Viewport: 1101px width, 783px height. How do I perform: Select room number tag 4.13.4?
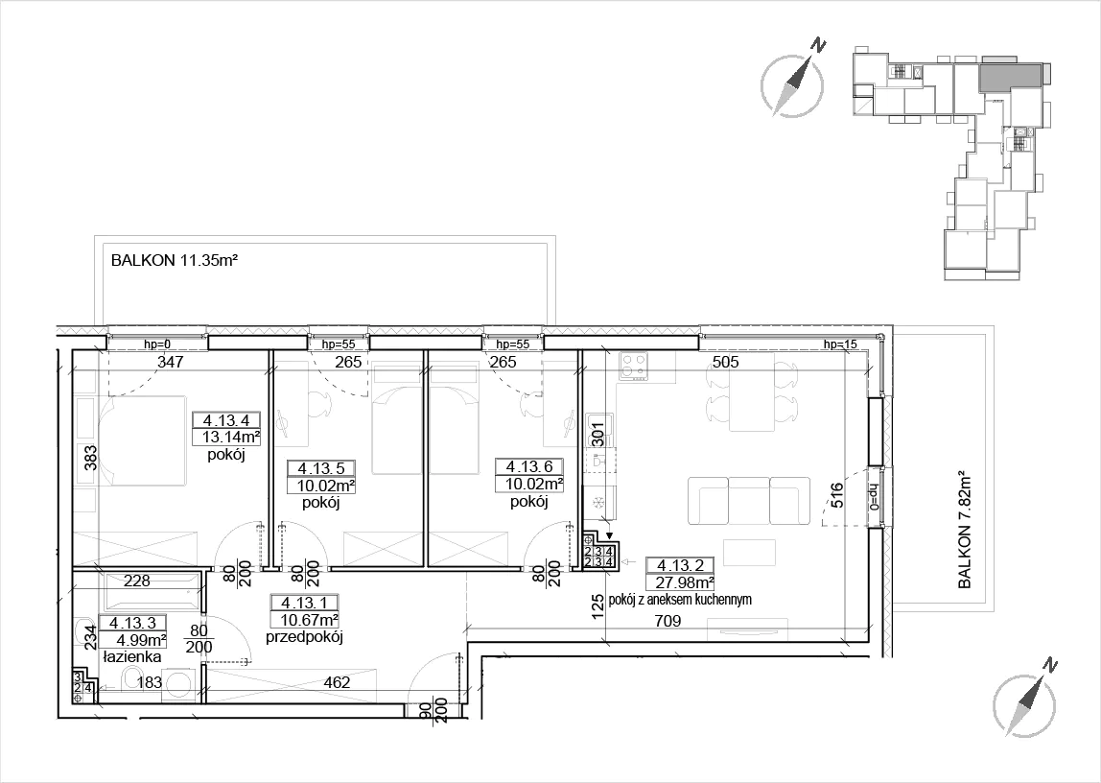pyautogui.click(x=226, y=421)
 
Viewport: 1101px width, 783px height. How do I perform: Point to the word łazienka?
pyautogui.click(x=131, y=657)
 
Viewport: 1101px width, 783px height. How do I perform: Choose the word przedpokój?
pyautogui.click(x=304, y=638)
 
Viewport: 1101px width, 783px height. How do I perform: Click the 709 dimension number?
pyautogui.click(x=668, y=621)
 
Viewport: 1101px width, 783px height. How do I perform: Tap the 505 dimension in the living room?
pyautogui.click(x=725, y=363)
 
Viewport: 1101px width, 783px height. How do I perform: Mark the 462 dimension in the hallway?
pyautogui.click(x=337, y=682)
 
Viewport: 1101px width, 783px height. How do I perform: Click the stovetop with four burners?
pyautogui.click(x=634, y=367)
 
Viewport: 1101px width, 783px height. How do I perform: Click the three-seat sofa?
pyautogui.click(x=745, y=501)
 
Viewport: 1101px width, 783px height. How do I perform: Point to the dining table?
pyautogui.click(x=751, y=394)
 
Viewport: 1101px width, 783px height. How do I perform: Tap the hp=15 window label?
pyautogui.click(x=840, y=344)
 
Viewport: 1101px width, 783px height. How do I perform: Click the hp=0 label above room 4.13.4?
pyautogui.click(x=158, y=344)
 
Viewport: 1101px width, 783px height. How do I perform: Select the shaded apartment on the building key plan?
pyautogui.click(x=1010, y=75)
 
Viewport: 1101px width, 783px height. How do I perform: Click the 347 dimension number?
pyautogui.click(x=171, y=363)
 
